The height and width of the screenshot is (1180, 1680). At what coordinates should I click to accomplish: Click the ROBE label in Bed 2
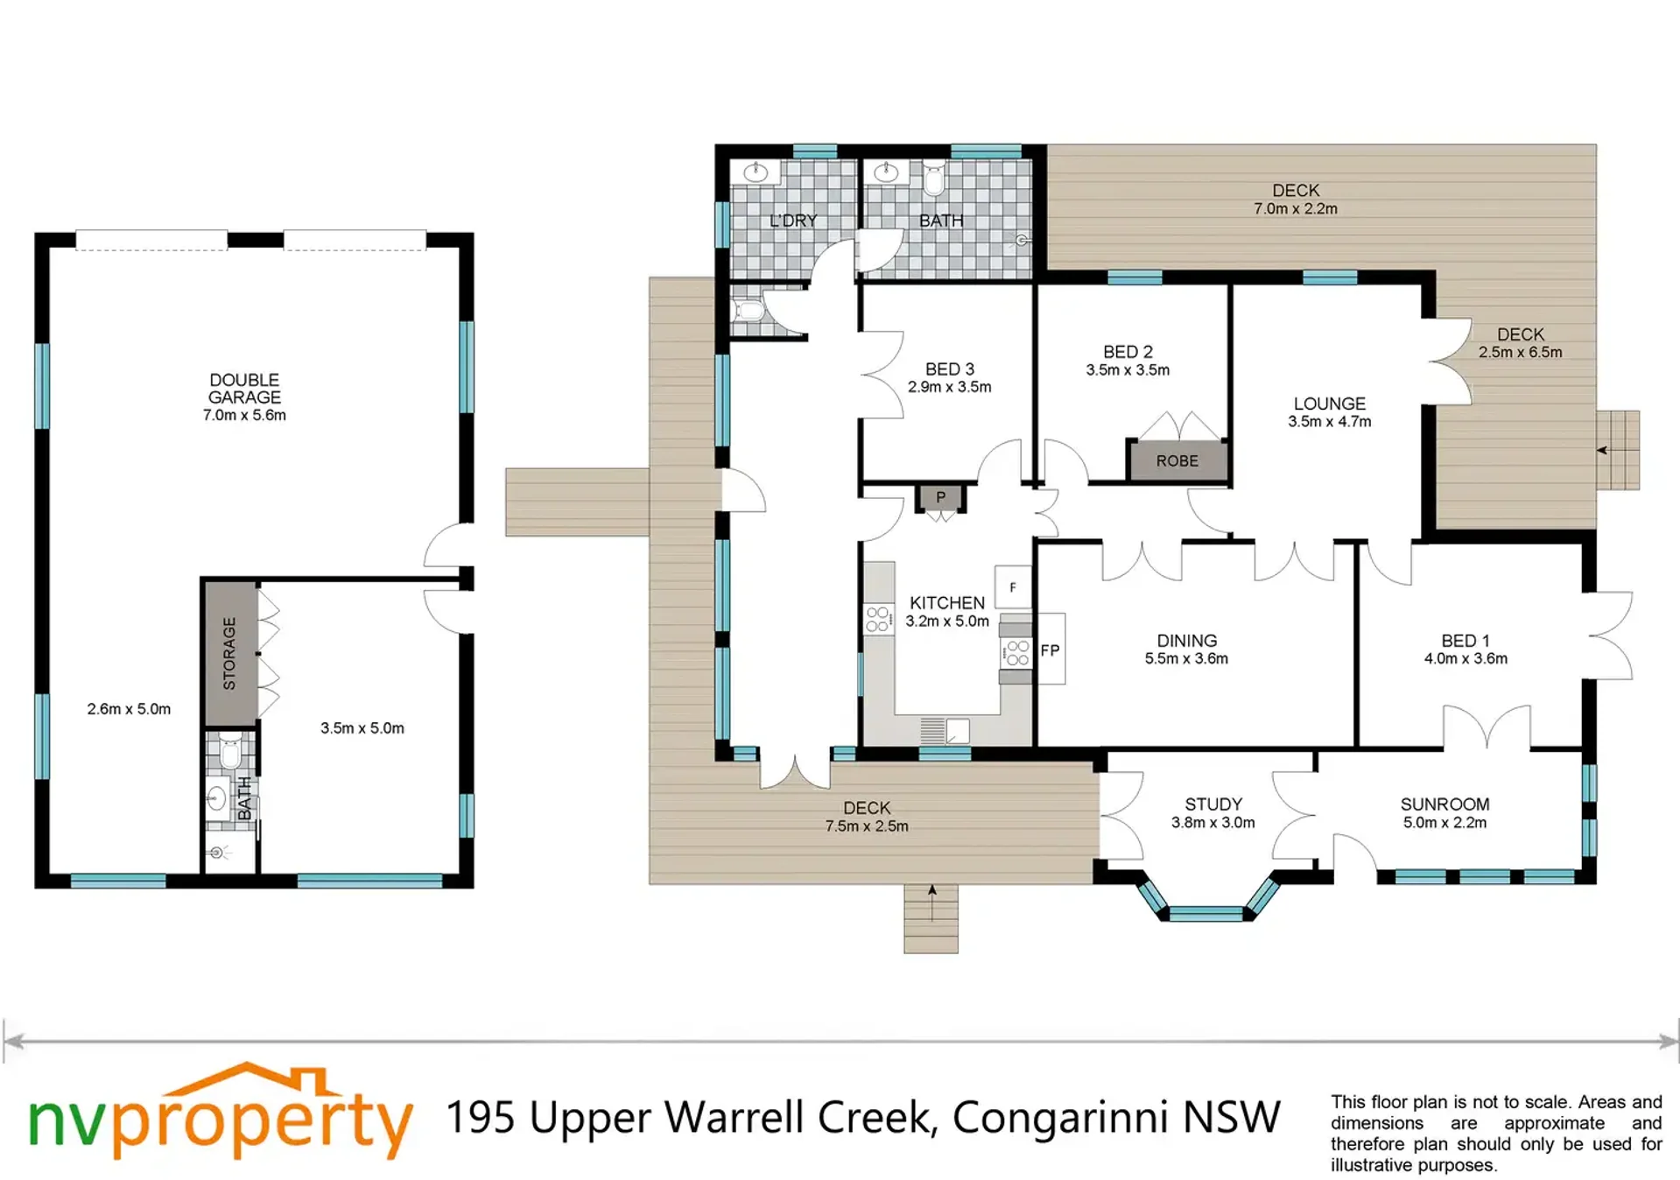click(1177, 460)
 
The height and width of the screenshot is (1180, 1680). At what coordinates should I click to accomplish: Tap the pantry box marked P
click(940, 497)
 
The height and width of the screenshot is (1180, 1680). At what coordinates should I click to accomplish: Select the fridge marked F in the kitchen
click(1013, 587)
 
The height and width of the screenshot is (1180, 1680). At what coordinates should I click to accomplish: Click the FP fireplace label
click(1050, 650)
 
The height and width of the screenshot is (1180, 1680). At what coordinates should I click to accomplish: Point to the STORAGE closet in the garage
click(230, 653)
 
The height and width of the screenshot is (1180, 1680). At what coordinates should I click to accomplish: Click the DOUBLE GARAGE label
click(244, 389)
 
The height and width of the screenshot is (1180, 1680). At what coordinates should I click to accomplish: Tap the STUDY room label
click(1213, 804)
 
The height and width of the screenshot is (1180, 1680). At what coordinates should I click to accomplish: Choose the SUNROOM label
click(1445, 804)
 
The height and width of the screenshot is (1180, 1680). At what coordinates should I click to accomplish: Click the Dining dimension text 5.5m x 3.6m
click(1186, 658)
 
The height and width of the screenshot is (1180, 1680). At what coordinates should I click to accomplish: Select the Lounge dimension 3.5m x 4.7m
click(1329, 421)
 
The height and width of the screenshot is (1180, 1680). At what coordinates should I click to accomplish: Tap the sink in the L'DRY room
click(756, 172)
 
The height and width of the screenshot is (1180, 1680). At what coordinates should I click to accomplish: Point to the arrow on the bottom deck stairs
click(932, 903)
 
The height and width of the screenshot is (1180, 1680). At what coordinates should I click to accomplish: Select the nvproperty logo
click(220, 1111)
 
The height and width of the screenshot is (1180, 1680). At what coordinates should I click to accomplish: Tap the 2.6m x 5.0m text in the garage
click(129, 709)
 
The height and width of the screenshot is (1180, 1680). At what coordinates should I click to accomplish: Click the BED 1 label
click(1466, 641)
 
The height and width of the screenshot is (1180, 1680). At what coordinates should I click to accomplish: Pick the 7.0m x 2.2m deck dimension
click(1296, 208)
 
